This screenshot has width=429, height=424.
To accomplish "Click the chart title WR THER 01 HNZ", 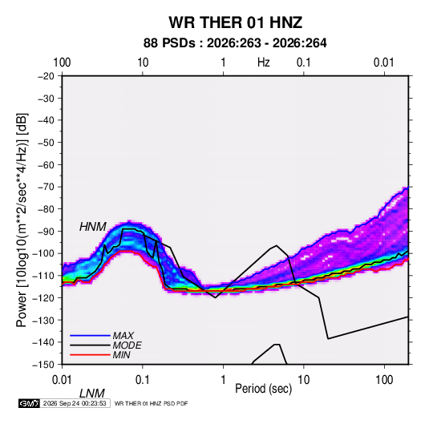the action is (x=235, y=22).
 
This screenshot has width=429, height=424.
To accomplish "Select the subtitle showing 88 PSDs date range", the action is (x=235, y=43).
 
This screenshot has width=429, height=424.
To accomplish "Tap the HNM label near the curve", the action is (x=93, y=227).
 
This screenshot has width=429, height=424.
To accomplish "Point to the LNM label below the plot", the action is (x=92, y=394).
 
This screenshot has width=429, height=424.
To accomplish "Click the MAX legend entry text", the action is (x=123, y=335).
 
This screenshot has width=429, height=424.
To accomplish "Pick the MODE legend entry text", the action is (x=127, y=345).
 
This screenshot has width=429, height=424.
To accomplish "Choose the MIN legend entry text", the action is (x=121, y=355).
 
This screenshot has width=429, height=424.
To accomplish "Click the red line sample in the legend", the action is (x=90, y=355).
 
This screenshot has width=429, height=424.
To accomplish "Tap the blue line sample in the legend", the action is (x=90, y=335).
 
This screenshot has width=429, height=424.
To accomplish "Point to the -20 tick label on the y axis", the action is (x=46, y=76).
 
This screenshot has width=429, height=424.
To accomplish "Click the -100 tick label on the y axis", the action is (x=43, y=253).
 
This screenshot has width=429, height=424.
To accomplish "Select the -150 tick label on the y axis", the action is (x=43, y=365).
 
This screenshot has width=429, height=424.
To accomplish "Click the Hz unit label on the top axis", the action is (x=264, y=63).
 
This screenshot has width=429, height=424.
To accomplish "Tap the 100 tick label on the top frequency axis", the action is (x=62, y=63).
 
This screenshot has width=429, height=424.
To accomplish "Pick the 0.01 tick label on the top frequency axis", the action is (x=384, y=63).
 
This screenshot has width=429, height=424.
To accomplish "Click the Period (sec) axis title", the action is (x=264, y=389).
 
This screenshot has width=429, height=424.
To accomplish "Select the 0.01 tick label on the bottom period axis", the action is (x=62, y=380).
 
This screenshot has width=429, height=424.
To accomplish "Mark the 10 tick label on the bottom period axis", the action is (x=303, y=380).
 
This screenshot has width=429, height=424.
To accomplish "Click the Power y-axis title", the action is (x=22, y=220).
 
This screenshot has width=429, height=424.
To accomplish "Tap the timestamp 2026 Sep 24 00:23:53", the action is (x=75, y=403).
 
